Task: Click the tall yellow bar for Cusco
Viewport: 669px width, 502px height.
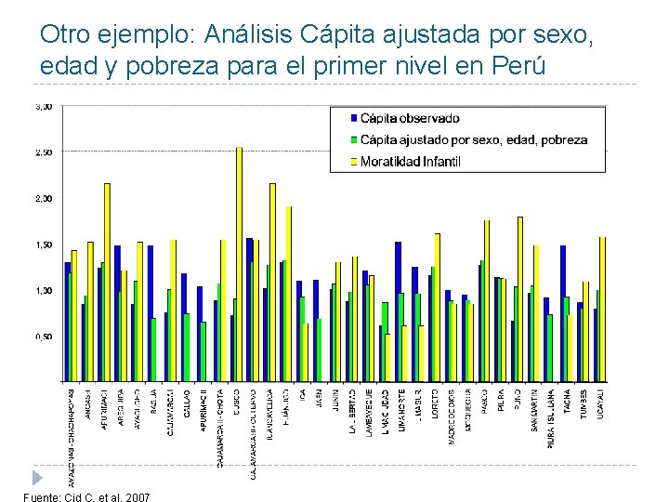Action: [x=239, y=264]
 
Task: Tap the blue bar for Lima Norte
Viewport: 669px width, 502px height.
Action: [x=398, y=310]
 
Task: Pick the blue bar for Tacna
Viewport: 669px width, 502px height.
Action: [x=563, y=312]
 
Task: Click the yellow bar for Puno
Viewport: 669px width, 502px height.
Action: [x=520, y=298]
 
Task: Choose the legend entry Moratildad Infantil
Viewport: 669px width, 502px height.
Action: [x=411, y=162]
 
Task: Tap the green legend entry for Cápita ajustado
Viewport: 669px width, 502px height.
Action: [x=474, y=139]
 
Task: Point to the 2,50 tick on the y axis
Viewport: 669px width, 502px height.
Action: [x=44, y=152]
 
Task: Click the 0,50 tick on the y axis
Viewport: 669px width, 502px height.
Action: [x=44, y=337]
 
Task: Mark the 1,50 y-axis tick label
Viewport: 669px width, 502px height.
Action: [x=44, y=244]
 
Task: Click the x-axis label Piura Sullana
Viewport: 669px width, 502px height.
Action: [x=552, y=418]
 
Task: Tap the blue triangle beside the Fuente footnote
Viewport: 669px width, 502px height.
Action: [x=36, y=477]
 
